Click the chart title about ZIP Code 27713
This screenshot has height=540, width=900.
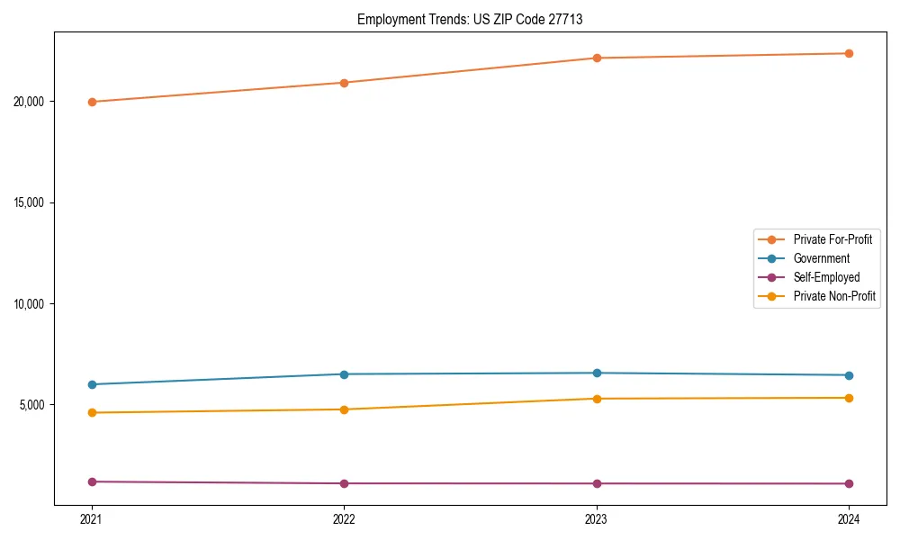[x=470, y=19]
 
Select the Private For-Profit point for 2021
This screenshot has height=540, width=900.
[x=92, y=102]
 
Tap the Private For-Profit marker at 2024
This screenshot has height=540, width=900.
[x=849, y=53]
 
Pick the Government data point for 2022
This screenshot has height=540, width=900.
[x=344, y=374]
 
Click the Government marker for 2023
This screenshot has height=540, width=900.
[x=597, y=373]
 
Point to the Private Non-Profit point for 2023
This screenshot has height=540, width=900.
[x=597, y=399]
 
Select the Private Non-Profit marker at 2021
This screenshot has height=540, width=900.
[x=92, y=412]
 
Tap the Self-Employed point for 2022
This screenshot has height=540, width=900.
[x=344, y=483]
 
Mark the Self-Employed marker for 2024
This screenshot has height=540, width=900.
[x=849, y=483]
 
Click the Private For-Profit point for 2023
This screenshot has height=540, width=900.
[x=597, y=58]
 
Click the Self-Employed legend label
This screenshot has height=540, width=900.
[x=826, y=277]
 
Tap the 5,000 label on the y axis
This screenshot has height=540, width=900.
[x=33, y=405]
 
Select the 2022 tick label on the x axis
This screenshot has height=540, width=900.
[x=344, y=518]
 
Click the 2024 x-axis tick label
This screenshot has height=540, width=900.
[x=849, y=518]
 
